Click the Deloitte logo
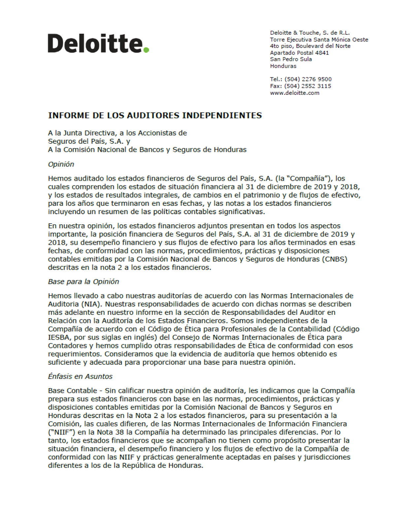pyautogui.click(x=98, y=43)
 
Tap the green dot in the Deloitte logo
pyautogui.click(x=147, y=50)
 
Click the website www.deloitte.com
pyautogui.click(x=294, y=93)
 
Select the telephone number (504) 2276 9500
pyautogui.click(x=308, y=79)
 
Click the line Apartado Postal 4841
pyautogui.click(x=299, y=53)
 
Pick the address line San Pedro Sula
pyautogui.click(x=290, y=59)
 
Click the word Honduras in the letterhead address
pyautogui.click(x=283, y=66)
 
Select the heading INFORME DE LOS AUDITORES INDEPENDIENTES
pyautogui.click(x=155, y=115)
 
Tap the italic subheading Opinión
pyautogui.click(x=61, y=164)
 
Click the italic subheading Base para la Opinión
pyautogui.click(x=84, y=281)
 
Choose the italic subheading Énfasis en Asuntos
pyautogui.click(x=80, y=376)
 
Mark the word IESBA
pyautogui.click(x=59, y=337)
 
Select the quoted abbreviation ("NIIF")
pyautogui.click(x=62, y=432)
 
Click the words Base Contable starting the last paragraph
pyautogui.click(x=72, y=391)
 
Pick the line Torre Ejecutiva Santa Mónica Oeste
pyautogui.click(x=319, y=39)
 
